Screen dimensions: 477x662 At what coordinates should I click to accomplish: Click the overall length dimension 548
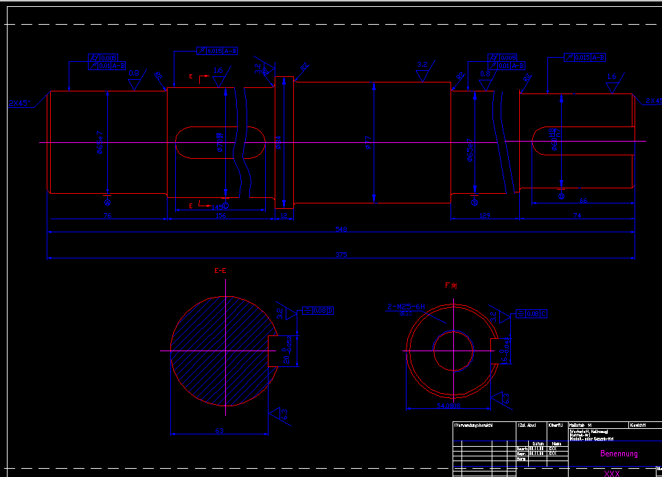coord(341,229)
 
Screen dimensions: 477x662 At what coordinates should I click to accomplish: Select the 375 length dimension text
coord(341,255)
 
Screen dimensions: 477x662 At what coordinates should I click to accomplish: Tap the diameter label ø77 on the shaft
coord(369,142)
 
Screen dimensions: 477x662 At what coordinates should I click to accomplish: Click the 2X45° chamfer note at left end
coord(20,103)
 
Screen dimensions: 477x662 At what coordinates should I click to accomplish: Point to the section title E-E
coord(220,271)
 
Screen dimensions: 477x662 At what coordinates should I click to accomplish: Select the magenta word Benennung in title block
coord(619,454)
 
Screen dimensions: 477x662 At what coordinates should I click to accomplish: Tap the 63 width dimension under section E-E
coord(219,431)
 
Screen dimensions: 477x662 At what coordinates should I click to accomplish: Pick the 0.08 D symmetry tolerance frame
coord(317,311)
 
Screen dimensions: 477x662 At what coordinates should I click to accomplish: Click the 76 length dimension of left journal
coord(108,216)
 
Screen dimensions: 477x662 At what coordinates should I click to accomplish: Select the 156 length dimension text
coord(221,216)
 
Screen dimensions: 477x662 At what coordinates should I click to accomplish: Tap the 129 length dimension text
coord(485,216)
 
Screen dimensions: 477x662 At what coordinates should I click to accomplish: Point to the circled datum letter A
coord(107,203)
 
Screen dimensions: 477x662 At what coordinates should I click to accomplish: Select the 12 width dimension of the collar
coord(284,216)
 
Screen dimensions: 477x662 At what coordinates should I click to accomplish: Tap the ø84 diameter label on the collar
coord(278,142)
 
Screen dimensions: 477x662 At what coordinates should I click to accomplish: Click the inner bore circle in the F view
coord(453,351)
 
